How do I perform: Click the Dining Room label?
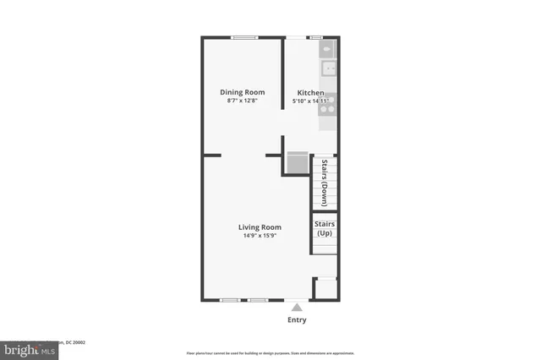tap(243, 92)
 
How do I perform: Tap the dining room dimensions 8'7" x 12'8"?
tap(243, 101)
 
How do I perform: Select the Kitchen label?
tap(310, 92)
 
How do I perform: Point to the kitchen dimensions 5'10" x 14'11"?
tap(310, 101)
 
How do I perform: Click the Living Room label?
tap(260, 226)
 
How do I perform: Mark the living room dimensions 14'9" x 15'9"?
tap(260, 236)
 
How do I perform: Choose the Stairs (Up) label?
tap(325, 228)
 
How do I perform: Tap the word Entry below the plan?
tap(296, 320)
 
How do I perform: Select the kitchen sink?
tap(328, 69)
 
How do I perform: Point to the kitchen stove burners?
tap(328, 103)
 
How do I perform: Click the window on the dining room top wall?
tap(245, 37)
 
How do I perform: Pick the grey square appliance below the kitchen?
tap(298, 162)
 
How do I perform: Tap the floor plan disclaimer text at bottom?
tap(270, 353)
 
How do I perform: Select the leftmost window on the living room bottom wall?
tap(229, 300)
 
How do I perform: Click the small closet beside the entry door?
tap(325, 289)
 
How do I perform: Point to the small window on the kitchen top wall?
tap(315, 37)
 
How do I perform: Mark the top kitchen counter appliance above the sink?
tap(328, 50)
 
